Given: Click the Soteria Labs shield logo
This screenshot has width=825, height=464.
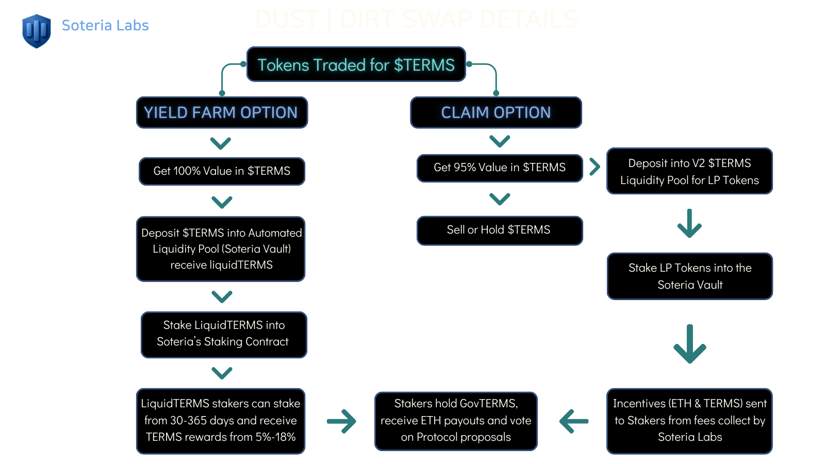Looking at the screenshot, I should (x=36, y=30).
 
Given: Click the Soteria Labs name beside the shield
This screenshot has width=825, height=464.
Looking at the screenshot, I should (x=105, y=25).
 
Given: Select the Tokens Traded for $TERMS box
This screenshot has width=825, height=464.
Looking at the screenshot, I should (x=356, y=64).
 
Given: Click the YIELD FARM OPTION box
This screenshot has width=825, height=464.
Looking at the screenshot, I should (x=222, y=112).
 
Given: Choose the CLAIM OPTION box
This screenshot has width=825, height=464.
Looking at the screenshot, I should (x=496, y=112).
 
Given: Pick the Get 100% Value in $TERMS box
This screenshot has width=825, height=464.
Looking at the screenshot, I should (x=222, y=171).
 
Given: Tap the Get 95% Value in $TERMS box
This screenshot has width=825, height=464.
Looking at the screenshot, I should (x=499, y=168).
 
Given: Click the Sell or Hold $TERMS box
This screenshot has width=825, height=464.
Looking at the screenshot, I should (x=499, y=230).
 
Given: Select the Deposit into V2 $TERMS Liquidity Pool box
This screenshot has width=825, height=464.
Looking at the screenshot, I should (x=689, y=171).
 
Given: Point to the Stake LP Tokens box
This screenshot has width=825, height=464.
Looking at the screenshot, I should (x=689, y=276).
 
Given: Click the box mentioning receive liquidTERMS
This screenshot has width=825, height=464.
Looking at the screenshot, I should (x=221, y=249).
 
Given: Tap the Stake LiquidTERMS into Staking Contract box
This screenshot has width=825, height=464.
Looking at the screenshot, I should (x=223, y=334).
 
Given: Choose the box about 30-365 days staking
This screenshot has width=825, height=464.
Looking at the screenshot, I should (x=221, y=421).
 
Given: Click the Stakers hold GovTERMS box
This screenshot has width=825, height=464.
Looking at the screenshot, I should (x=456, y=421).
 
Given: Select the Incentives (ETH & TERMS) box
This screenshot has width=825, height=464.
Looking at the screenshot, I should (x=689, y=421).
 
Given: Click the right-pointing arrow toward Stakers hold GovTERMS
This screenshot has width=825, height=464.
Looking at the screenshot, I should (x=341, y=421).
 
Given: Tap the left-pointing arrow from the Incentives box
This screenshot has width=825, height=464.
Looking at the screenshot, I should (x=573, y=421).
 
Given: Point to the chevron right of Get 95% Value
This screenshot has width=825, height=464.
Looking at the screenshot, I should (x=595, y=167).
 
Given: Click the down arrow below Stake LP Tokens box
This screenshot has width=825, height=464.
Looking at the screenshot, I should (x=689, y=344).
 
